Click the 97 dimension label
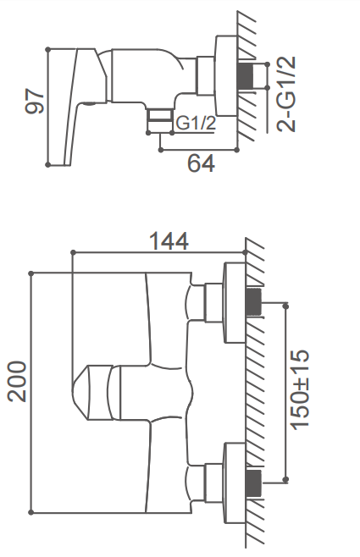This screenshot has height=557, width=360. pos(35,102)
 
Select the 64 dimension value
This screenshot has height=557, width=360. pos(201,163)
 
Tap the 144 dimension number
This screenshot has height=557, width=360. pos(169,241)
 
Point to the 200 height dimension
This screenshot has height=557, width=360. pos(18,382)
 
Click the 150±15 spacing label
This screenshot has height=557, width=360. pos(300,389)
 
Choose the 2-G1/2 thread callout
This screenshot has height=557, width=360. pos(286,94)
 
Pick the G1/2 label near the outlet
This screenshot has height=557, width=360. pos(197,124)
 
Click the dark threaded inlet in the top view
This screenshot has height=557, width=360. pos(246,76)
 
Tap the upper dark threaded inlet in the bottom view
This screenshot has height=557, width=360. pos(254,302)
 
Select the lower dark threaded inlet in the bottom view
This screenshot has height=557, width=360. pos(254,483)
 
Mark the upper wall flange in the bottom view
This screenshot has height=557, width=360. pos(235,303)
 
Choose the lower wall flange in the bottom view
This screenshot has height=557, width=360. pos(235,483)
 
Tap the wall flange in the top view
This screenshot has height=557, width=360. pos(226,75)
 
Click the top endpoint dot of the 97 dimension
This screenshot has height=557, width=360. pos(48,50)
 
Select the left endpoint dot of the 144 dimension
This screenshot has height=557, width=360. pos(73,252)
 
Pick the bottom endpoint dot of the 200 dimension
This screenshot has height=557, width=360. pos(31,512)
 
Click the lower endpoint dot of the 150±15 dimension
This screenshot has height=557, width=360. pos(285,480)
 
